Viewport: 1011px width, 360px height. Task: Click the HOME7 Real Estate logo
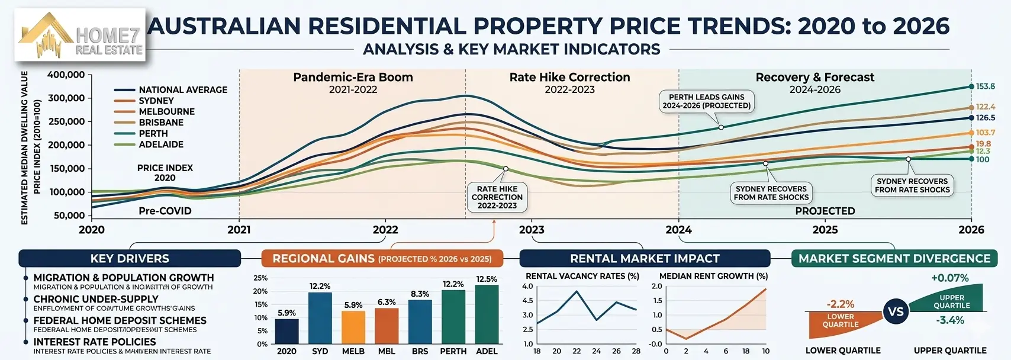click(x=80, y=36)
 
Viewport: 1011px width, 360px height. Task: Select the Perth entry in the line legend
click(x=153, y=133)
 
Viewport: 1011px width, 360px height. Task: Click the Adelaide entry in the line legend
click(x=160, y=144)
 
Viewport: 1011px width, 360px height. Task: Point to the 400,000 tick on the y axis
click(x=66, y=75)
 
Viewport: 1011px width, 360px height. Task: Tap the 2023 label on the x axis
click(x=532, y=230)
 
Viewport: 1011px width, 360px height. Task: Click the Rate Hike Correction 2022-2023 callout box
click(x=497, y=197)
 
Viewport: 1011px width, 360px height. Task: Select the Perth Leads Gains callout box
click(x=706, y=101)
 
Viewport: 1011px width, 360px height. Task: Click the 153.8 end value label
click(x=985, y=86)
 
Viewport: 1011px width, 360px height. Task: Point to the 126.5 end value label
click(x=985, y=118)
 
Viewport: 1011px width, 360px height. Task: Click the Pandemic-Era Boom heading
click(x=353, y=78)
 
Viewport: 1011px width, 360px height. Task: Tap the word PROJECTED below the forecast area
click(x=825, y=211)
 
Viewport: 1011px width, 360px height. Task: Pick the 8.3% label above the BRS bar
click(x=420, y=294)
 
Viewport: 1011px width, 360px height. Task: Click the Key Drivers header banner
click(x=130, y=259)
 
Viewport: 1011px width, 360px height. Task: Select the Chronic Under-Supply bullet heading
click(x=96, y=299)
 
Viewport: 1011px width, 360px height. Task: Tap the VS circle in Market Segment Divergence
click(x=896, y=311)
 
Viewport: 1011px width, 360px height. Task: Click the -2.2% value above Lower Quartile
click(x=840, y=304)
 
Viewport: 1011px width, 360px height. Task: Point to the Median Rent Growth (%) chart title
click(x=713, y=276)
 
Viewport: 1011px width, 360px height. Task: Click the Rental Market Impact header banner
click(x=644, y=259)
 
